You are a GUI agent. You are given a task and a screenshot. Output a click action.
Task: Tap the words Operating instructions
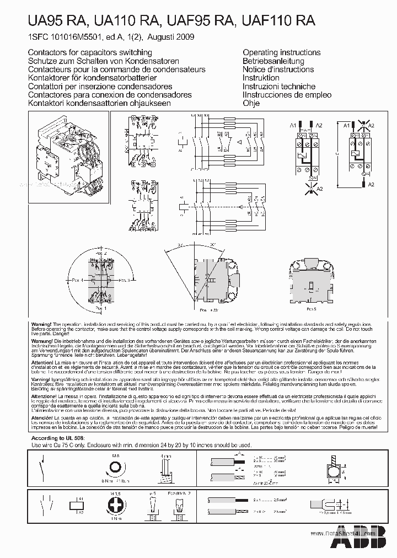pos(281,52)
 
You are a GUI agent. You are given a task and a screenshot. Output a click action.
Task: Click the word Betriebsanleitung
pos(273,61)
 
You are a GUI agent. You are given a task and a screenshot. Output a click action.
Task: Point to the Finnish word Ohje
pos(251,103)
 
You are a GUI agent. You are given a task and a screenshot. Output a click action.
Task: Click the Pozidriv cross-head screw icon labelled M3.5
pos(116,506)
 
